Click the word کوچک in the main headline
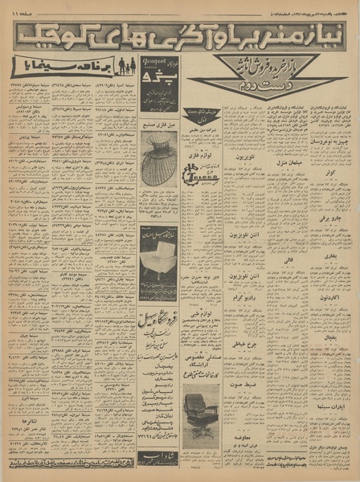pos(49,35)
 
